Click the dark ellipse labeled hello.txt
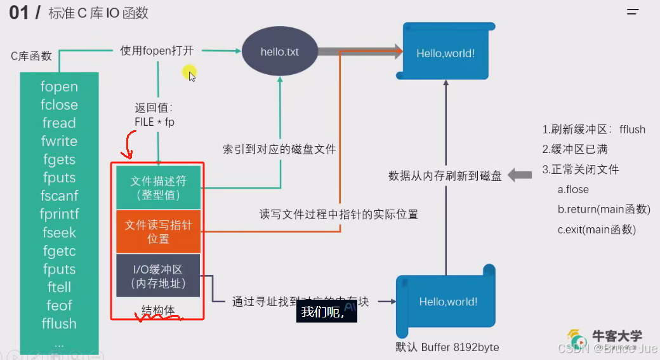pos(280,51)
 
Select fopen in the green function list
pos(59,86)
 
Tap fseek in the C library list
pos(59,232)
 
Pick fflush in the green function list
pos(59,323)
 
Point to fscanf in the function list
pos(59,196)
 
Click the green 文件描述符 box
pos(158,187)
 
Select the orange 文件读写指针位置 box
pos(158,232)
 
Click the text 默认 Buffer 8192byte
pos(447,347)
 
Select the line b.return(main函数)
pos(604,209)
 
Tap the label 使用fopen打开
pos(156,51)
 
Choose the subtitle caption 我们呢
pos(322,312)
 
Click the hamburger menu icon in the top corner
pos(633,12)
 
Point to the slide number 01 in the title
pos(19,13)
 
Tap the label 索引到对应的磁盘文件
pos(279,149)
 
